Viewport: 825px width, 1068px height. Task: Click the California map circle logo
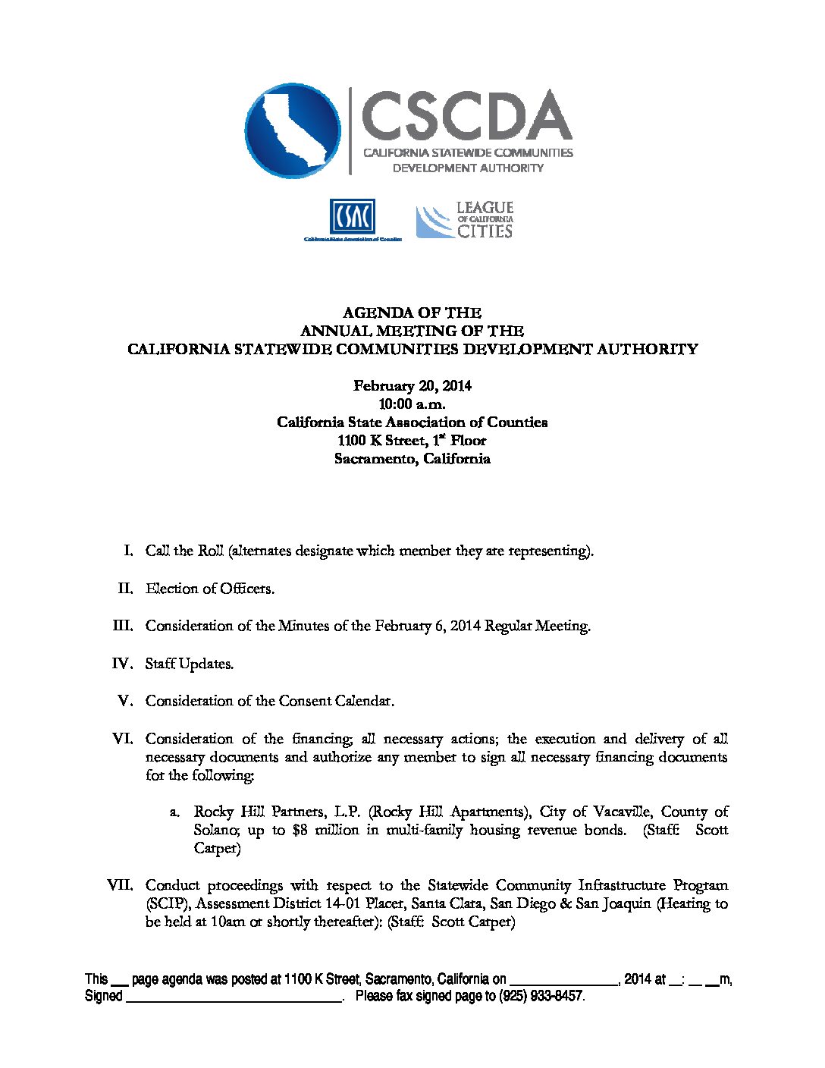(x=293, y=130)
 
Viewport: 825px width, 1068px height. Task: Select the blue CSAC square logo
(x=352, y=218)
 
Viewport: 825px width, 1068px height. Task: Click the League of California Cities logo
(x=465, y=221)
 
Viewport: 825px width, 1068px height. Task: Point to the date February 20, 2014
(x=412, y=386)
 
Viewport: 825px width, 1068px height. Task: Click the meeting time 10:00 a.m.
(x=412, y=404)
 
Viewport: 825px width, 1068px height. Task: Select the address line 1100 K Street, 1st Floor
(x=412, y=441)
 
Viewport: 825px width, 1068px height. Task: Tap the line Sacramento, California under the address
(x=412, y=459)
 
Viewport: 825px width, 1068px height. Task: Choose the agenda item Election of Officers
(x=210, y=589)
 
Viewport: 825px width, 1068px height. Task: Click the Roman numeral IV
(x=123, y=664)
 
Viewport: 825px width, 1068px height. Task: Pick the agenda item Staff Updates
(x=190, y=664)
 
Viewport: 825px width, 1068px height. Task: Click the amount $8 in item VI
(x=279, y=830)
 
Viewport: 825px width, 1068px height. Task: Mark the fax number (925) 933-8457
(x=541, y=996)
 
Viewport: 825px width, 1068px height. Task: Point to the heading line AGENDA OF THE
(x=412, y=313)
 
